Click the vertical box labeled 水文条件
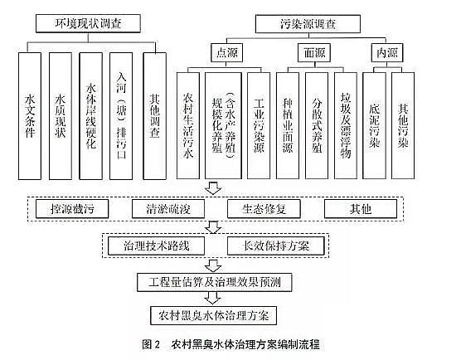click(x=30, y=116)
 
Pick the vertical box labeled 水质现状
click(x=61, y=116)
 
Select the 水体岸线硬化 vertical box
click(x=92, y=116)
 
